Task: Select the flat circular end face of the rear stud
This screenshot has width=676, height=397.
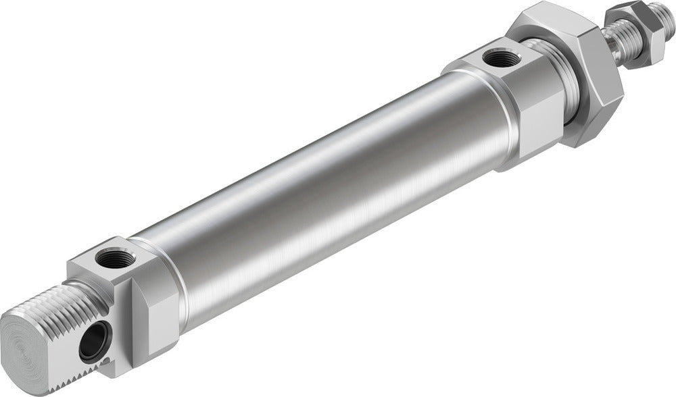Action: point(30,342)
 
